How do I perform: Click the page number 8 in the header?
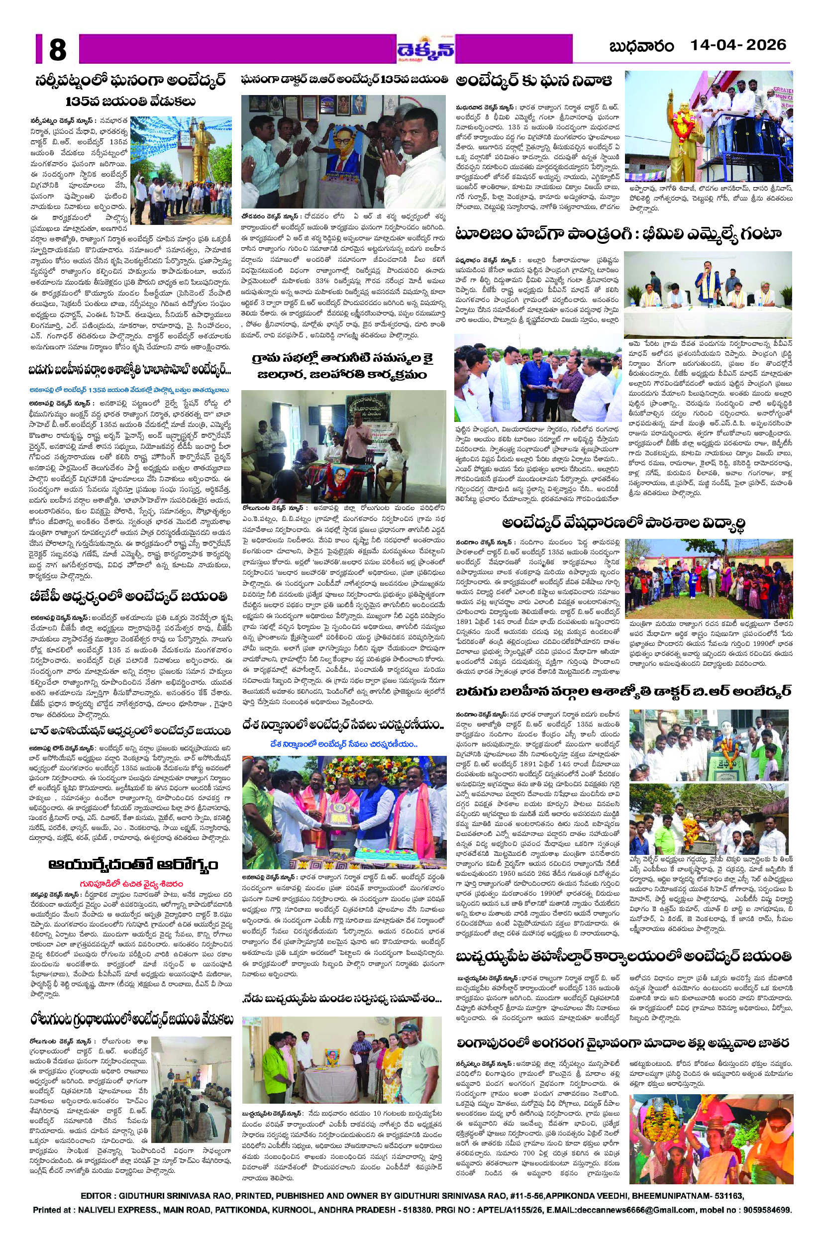click(x=58, y=50)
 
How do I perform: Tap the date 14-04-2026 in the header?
click(x=737, y=46)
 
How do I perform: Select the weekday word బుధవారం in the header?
click(x=641, y=47)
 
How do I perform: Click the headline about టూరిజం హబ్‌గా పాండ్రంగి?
click(x=618, y=233)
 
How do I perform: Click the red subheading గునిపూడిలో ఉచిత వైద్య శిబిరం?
click(x=131, y=884)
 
